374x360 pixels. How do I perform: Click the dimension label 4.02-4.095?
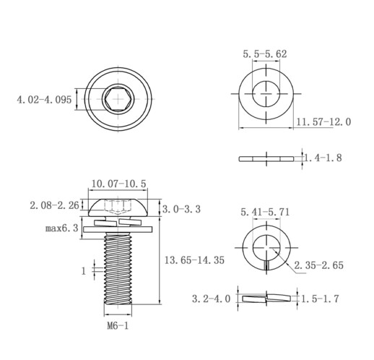(44, 100)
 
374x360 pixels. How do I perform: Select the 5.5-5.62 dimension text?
(265, 54)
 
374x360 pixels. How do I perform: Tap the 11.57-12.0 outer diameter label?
(323, 122)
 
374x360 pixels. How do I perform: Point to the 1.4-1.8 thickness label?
(323, 158)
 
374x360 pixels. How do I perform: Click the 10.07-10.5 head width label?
(119, 184)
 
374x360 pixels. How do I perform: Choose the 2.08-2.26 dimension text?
(54, 205)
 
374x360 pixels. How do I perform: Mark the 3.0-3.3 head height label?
(181, 209)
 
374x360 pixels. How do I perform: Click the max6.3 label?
(62, 228)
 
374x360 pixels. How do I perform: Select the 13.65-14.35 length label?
(194, 260)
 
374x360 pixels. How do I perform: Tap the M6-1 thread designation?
(118, 326)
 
